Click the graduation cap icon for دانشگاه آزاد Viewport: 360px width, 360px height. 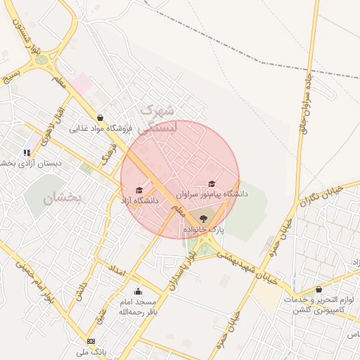(x=139, y=191)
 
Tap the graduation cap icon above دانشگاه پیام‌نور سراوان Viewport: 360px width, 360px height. (x=212, y=184)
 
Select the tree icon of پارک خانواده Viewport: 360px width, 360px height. (x=204, y=219)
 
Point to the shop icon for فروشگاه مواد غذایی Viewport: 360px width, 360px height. (x=100, y=118)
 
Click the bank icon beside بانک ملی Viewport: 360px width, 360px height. (x=91, y=341)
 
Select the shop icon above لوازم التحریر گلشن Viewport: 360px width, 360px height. (x=319, y=289)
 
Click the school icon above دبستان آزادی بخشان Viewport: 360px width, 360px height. (x=27, y=152)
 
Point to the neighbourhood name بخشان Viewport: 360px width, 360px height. (x=63, y=199)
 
